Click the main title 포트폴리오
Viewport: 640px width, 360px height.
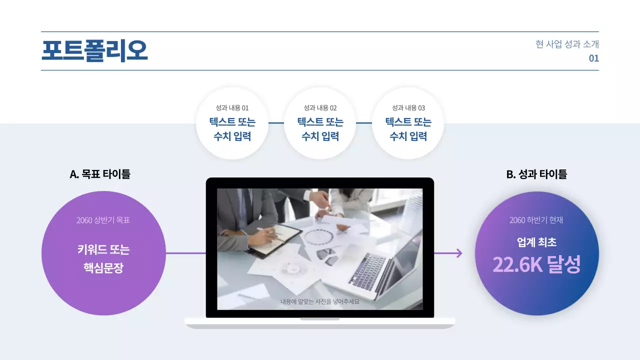click(x=94, y=51)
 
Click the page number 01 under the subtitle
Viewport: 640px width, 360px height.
click(x=593, y=58)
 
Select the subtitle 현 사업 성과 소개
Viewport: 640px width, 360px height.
click(x=567, y=44)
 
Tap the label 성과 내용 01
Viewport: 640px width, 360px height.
click(x=232, y=108)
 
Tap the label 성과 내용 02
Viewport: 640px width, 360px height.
click(x=320, y=108)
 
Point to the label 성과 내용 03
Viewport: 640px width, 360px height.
click(x=408, y=108)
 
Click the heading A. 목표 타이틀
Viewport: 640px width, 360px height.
click(x=100, y=174)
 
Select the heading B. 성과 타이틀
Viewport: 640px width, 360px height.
click(x=536, y=174)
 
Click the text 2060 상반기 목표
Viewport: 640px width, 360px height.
click(x=103, y=220)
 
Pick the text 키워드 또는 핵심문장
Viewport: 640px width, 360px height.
click(x=103, y=259)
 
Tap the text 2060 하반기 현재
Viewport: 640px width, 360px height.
click(x=536, y=220)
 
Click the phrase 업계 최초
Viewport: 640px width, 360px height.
click(x=536, y=243)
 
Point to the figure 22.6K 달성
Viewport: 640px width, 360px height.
click(x=536, y=265)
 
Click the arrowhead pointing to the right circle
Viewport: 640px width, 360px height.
click(x=458, y=253)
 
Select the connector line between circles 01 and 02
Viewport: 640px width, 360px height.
click(x=276, y=122)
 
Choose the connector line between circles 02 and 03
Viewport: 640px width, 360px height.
click(x=364, y=122)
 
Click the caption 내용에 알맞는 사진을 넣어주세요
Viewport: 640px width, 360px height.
click(x=320, y=301)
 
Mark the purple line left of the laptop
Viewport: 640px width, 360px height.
click(x=185, y=253)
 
